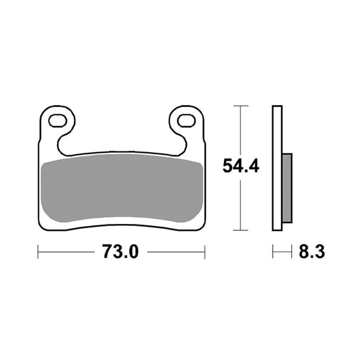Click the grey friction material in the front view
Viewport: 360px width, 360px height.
pyautogui.click(x=122, y=190)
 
